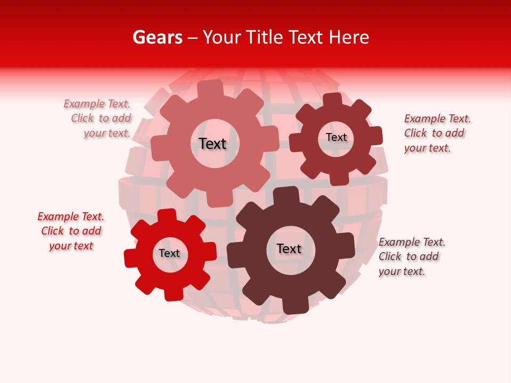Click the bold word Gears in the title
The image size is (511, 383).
[158, 37]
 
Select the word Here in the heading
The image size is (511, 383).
[349, 37]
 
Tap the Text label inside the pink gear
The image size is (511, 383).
[212, 144]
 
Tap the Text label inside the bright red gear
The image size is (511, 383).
[169, 254]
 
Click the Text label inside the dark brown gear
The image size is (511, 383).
[289, 248]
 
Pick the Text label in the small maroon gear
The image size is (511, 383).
[336, 137]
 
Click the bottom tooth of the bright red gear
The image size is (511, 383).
[173, 293]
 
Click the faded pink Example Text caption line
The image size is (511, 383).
[97, 104]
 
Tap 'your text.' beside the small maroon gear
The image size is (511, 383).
[427, 148]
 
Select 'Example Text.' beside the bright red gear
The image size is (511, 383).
[71, 217]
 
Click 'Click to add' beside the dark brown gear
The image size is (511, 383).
[409, 256]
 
